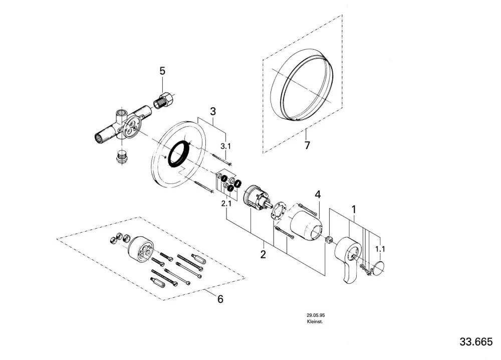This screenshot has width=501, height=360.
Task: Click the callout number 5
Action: [162, 71]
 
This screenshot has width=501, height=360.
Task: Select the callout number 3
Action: [213, 112]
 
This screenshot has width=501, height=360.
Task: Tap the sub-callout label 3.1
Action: [225, 146]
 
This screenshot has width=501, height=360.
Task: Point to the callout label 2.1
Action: [226, 204]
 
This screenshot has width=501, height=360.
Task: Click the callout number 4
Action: [318, 195]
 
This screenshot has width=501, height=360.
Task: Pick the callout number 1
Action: [354, 210]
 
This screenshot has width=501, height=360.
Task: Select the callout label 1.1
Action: [380, 249]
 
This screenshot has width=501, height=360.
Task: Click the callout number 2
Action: [263, 254]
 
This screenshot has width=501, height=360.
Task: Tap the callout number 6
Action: [220, 299]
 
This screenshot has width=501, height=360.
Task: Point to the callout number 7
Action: [307, 145]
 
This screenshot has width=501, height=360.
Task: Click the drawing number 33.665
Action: [476, 341]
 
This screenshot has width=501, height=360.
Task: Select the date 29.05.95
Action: [316, 315]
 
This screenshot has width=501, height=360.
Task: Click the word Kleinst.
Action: [315, 321]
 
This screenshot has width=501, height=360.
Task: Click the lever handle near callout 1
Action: [348, 259]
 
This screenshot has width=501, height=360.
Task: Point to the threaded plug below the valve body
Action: [121, 156]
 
